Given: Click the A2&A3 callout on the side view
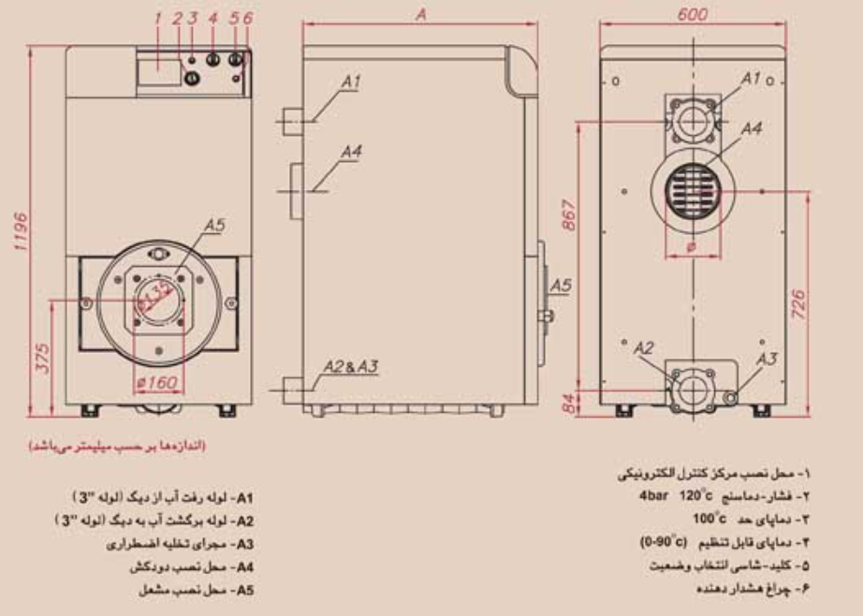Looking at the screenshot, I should [351, 366].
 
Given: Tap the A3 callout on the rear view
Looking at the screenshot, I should [766, 357].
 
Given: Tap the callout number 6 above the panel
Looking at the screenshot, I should [248, 18].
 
